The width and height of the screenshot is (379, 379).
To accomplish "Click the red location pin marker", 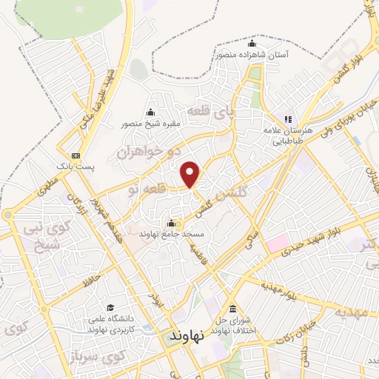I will tap(191, 173).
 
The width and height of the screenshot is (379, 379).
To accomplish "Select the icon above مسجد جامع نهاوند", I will tap(172, 223).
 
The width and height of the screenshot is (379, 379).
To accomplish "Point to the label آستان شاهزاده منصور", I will tap(250, 54).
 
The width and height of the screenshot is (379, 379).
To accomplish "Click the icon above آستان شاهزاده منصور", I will tap(251, 41).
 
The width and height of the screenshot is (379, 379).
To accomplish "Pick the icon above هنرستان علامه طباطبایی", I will tap(289, 118).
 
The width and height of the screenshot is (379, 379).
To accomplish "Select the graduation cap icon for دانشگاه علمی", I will tap(110, 307).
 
